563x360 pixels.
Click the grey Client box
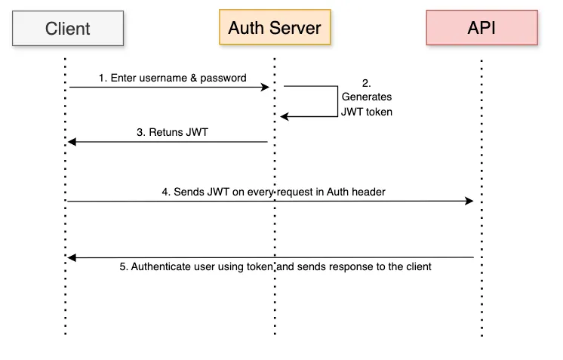click(68, 29)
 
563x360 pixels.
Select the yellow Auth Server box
click(275, 29)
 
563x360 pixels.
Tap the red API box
click(481, 29)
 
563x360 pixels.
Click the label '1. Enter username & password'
click(172, 78)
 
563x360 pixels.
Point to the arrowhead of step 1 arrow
click(266, 88)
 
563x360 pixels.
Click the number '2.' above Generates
click(367, 83)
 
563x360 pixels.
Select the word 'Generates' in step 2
click(367, 97)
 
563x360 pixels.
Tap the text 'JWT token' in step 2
click(367, 111)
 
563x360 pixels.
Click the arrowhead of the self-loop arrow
click(284, 116)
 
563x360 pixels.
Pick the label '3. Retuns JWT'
click(172, 131)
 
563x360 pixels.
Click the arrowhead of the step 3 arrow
click(72, 142)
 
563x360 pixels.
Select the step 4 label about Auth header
click(273, 192)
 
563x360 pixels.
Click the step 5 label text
click(275, 266)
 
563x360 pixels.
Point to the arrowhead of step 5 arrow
click(72, 258)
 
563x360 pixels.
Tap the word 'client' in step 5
click(417, 266)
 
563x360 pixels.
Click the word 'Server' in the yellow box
click(296, 29)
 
